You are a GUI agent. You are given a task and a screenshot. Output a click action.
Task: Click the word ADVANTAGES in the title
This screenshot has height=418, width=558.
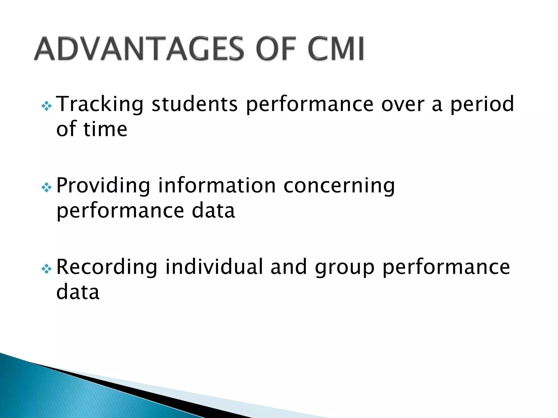coord(139,49)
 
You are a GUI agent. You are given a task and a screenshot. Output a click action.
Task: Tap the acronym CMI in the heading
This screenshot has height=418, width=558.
coord(336,49)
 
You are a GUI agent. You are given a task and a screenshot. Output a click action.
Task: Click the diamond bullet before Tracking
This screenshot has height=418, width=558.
coord(47,106)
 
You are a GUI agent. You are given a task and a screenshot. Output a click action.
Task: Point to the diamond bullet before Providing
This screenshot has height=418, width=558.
coord(47,188)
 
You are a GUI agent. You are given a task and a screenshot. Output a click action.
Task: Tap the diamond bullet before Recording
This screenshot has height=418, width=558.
coord(47,269)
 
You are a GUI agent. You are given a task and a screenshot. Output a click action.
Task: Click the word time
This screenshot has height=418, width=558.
coord(105,129)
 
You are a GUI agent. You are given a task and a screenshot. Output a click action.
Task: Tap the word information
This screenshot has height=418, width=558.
coord(217,186)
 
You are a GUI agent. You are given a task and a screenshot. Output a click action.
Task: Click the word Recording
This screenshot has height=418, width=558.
coord(107,267)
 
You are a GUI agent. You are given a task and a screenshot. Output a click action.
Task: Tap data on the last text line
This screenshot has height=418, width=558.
coord(78,292)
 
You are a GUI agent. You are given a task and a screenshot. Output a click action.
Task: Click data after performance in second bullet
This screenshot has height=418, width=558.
coord(213,211)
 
